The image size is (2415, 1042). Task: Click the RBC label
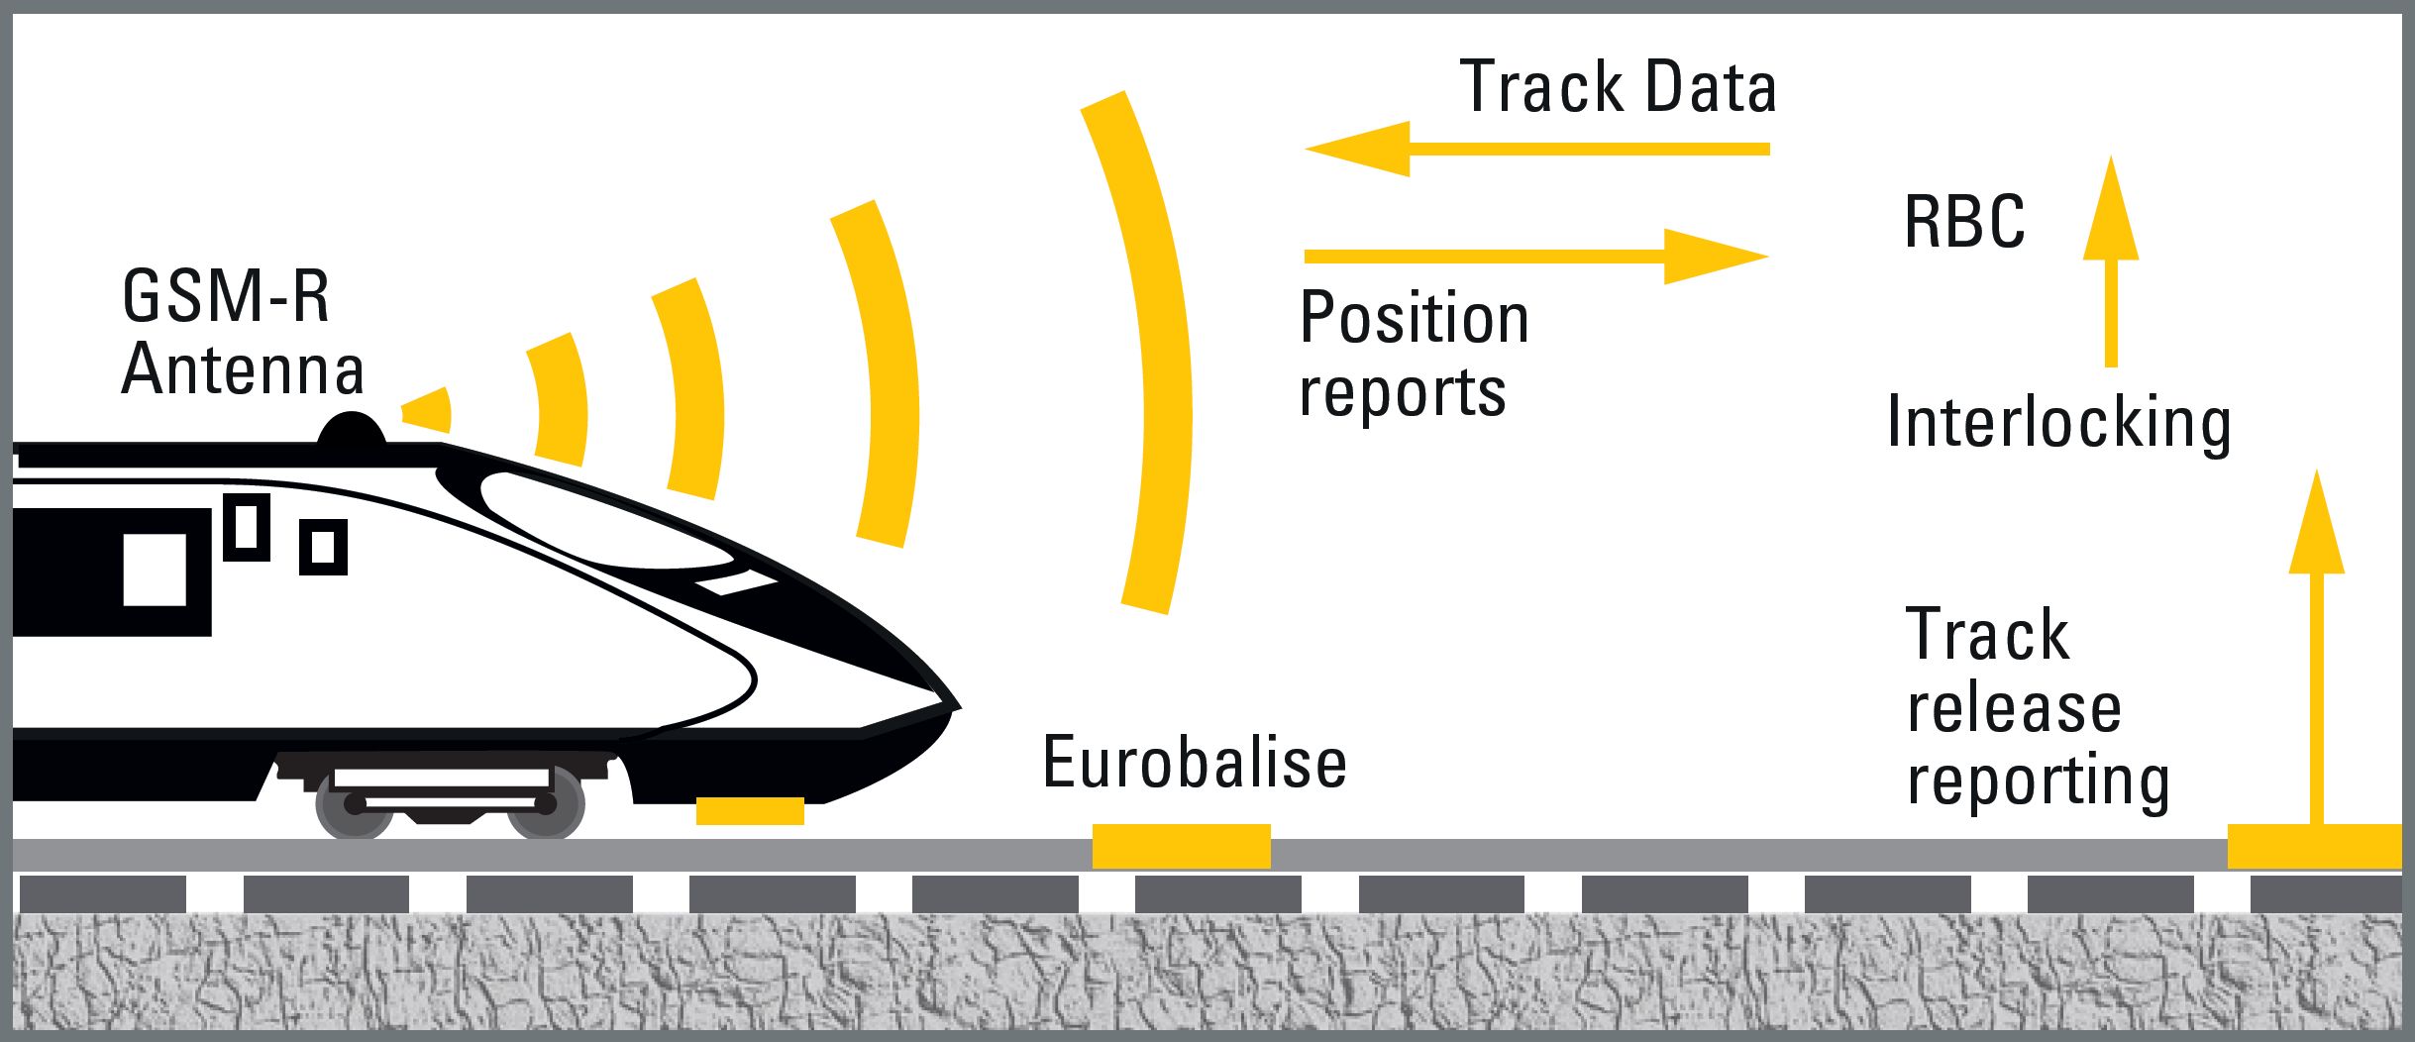[1963, 222]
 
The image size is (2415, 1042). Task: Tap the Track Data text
[1618, 87]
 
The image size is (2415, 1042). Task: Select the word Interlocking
[2058, 423]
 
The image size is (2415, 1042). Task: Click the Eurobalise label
[1194, 763]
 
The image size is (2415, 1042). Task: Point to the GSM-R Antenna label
[242, 333]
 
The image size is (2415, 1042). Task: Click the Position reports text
[1414, 354]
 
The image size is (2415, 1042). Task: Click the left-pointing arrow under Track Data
[1535, 150]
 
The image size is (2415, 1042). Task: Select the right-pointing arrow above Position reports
[1535, 257]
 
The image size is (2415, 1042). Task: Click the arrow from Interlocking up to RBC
[2110, 262]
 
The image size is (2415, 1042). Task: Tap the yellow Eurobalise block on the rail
[1181, 846]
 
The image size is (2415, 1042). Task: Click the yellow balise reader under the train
[750, 810]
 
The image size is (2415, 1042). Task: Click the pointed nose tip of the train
[953, 706]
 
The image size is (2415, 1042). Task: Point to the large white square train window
[155, 570]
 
